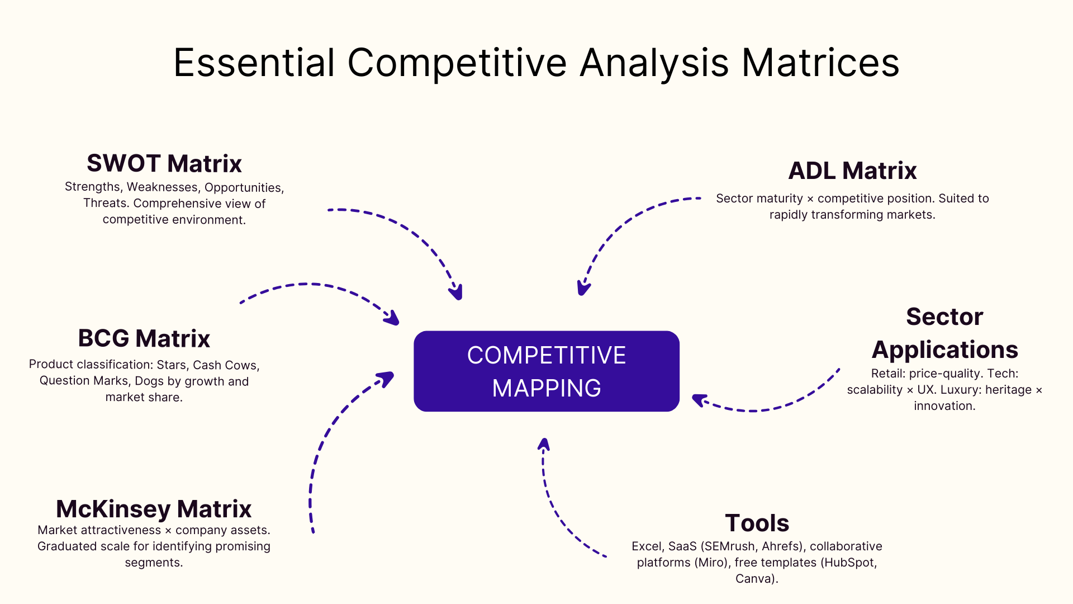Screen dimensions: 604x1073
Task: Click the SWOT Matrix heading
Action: tap(164, 164)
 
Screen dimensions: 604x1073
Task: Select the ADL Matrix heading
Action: tap(852, 171)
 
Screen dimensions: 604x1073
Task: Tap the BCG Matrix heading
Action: tap(144, 339)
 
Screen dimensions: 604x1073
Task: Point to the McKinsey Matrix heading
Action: tap(154, 509)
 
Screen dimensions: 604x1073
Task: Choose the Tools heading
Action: tap(757, 523)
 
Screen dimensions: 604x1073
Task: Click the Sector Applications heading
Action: tap(944, 333)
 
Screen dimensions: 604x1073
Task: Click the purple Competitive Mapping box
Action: tap(546, 371)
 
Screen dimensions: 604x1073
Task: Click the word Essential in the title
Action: tap(254, 63)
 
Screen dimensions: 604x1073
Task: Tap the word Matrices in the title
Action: tap(820, 63)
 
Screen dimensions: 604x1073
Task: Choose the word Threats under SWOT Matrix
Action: tap(106, 204)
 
